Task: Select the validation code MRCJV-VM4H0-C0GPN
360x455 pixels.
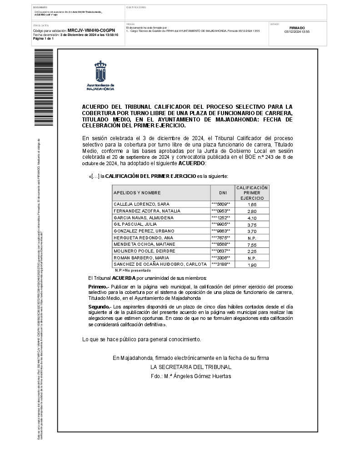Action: coord(91,30)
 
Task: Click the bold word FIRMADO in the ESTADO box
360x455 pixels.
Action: coord(297,28)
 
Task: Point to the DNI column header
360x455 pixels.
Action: coord(223,193)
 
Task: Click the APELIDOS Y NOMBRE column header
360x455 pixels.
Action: coord(137,193)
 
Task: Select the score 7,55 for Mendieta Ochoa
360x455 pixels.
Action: coord(252,245)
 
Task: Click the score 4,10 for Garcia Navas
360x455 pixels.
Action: coord(252,218)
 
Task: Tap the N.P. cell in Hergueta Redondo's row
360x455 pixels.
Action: coord(252,238)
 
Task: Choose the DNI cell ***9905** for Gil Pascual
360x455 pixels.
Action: coord(221,224)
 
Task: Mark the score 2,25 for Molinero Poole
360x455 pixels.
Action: coord(252,251)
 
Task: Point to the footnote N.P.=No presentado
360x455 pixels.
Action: coord(131,270)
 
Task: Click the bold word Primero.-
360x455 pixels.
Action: coord(98,286)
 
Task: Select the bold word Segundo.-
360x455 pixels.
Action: coord(100,308)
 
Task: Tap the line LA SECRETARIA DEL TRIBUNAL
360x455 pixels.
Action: coord(191,367)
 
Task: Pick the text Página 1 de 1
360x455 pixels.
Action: coord(44,39)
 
